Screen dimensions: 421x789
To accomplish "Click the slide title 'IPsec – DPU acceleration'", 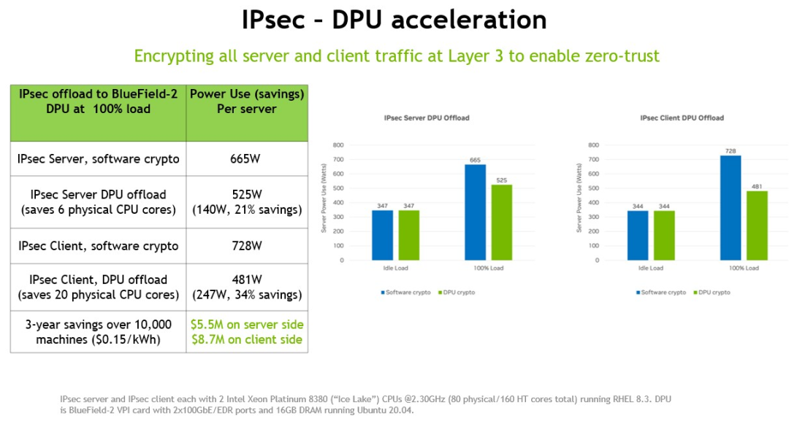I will point(394,20).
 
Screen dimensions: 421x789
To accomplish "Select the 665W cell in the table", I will point(246,159).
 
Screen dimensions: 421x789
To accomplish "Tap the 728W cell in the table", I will point(246,246).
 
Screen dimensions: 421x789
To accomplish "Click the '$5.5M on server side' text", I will point(246,325).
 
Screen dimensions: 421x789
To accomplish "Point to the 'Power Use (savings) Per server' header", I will point(246,101).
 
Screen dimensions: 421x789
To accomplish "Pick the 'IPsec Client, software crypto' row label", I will point(99,246).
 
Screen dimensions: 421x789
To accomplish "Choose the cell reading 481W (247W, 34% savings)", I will point(246,287).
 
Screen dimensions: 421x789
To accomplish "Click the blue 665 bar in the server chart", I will point(476,212).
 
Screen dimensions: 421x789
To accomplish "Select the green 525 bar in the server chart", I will point(502,222).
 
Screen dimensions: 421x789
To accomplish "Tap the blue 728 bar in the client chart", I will point(731,207).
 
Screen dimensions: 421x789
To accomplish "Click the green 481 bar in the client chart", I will point(757,225).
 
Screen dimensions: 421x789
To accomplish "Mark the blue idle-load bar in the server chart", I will point(382,235).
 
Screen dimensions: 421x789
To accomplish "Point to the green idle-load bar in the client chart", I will point(664,235).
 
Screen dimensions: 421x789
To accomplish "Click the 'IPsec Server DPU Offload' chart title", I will point(427,117).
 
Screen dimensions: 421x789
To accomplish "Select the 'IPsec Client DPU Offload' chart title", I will point(682,117).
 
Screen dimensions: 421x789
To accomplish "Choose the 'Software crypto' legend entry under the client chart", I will point(662,293).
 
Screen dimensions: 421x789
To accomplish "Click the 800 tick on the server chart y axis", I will point(338,144).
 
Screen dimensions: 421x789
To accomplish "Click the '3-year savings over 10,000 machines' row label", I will point(99,332).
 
